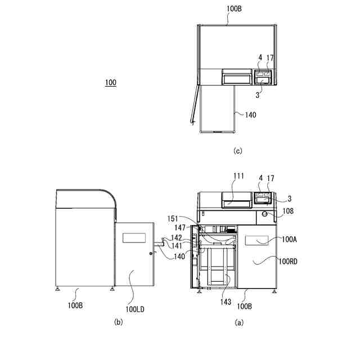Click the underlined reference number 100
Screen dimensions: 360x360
click(x=110, y=83)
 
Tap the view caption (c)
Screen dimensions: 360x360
click(x=237, y=151)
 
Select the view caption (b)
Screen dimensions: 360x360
click(x=118, y=322)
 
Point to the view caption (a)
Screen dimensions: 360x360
click(x=239, y=322)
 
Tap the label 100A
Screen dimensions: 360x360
click(x=289, y=239)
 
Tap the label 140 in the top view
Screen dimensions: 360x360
click(x=250, y=115)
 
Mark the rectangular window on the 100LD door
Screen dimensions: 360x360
click(x=134, y=237)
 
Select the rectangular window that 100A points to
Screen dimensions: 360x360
click(x=256, y=240)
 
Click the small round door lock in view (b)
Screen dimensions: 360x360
click(x=150, y=254)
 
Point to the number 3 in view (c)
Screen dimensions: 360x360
click(x=257, y=96)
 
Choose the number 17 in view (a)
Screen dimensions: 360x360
click(x=271, y=178)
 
